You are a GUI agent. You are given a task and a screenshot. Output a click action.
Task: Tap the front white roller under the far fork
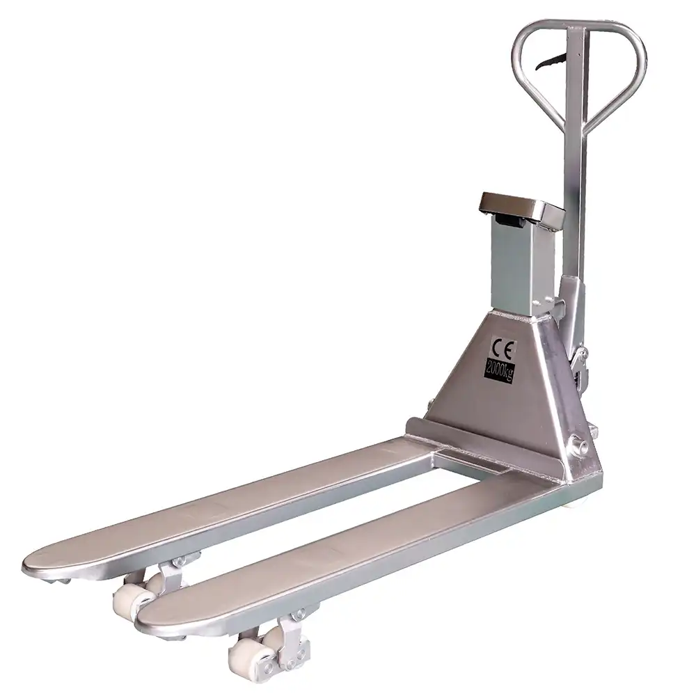(x=129, y=599)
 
